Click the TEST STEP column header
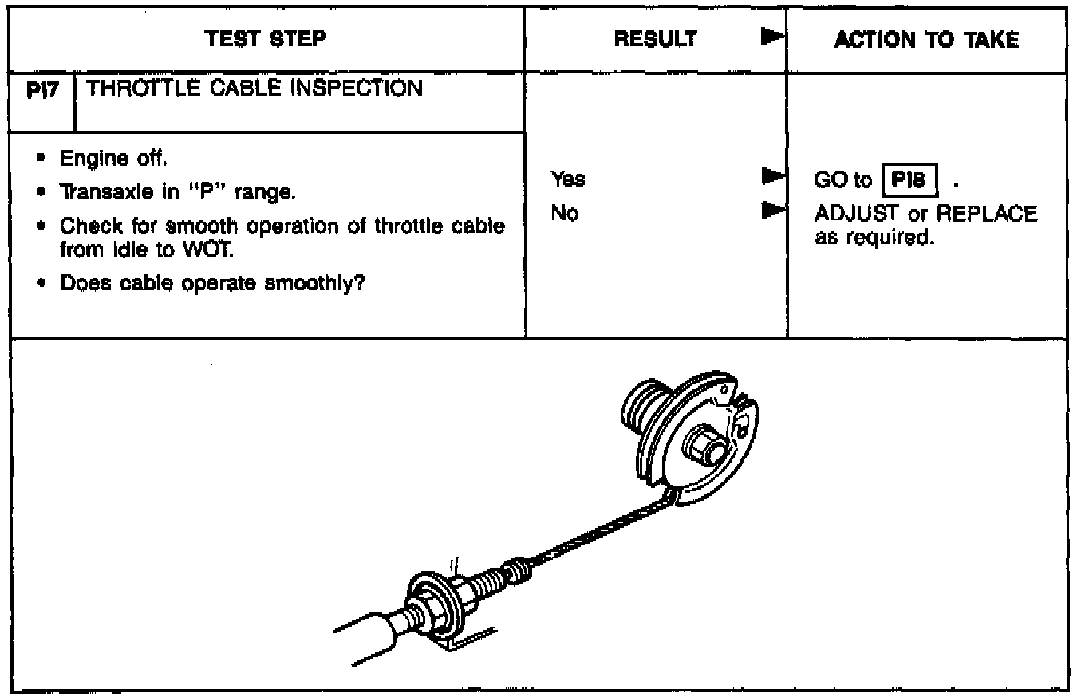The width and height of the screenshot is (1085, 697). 266,40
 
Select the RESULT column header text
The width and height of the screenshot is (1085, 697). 655,40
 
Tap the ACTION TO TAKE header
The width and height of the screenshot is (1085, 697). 926,40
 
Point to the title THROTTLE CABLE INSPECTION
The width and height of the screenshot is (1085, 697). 254,89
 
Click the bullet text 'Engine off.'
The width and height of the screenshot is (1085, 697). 113,159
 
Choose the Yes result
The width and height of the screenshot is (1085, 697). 567,180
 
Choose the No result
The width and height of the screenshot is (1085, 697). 564,214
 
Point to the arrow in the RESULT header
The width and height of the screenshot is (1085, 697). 769,37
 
